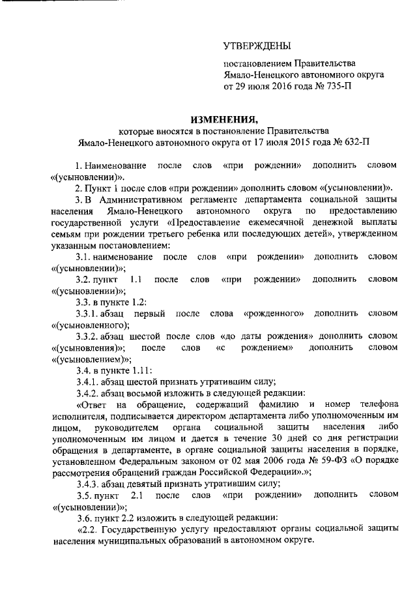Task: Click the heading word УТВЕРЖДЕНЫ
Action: (x=257, y=46)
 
